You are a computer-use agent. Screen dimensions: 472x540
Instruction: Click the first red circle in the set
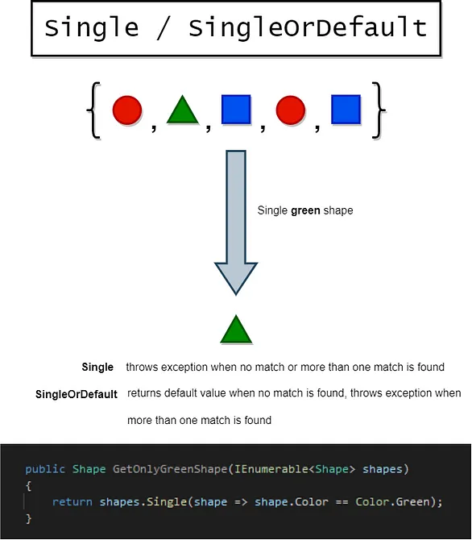click(x=127, y=110)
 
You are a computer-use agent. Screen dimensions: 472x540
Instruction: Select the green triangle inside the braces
click(x=183, y=111)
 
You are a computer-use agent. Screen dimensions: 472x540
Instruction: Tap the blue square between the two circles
click(x=236, y=109)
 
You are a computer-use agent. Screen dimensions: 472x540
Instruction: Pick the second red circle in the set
click(x=291, y=110)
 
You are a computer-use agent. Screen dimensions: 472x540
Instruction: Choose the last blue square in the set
click(x=346, y=109)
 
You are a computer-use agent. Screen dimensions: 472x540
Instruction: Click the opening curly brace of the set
click(x=93, y=110)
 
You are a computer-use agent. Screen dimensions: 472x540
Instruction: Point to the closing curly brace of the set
click(x=379, y=110)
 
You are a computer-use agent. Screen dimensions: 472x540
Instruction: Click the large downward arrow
click(x=236, y=222)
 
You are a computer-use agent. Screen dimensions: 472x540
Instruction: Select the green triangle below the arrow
click(x=236, y=329)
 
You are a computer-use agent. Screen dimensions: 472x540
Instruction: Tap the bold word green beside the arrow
click(x=305, y=210)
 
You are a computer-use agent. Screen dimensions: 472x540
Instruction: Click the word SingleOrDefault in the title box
click(x=308, y=27)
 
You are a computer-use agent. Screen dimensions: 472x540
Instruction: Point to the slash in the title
click(x=164, y=27)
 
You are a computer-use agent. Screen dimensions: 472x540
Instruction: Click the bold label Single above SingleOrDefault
click(x=97, y=367)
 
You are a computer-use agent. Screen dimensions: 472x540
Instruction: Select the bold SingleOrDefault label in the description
click(x=77, y=394)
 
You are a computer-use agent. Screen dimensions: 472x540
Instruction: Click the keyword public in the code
click(x=45, y=469)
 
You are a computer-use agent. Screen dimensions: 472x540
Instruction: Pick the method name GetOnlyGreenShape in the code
click(x=170, y=469)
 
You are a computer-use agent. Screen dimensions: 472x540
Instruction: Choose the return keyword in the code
click(x=72, y=502)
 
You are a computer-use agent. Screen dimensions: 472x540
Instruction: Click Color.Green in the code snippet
click(x=393, y=502)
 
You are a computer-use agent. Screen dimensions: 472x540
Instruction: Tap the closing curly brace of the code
click(x=28, y=518)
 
